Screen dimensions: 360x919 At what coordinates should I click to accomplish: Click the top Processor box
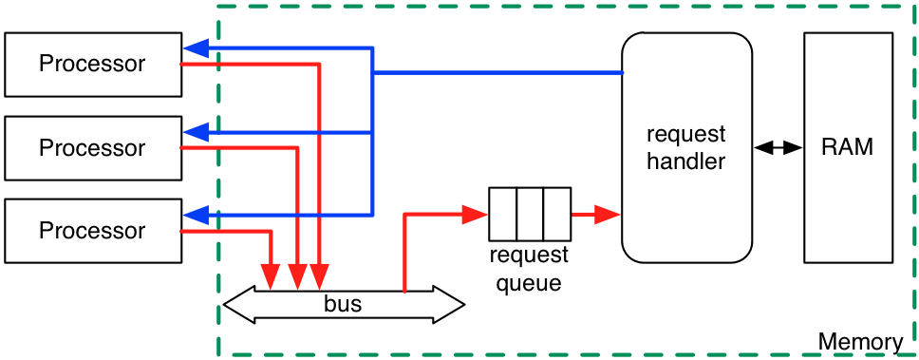point(92,65)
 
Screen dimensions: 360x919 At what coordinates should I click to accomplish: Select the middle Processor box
point(92,148)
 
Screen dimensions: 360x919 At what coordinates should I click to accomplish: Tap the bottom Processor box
point(92,231)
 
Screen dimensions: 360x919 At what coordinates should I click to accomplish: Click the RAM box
point(847,147)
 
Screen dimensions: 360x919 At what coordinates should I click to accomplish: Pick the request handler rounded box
point(686,147)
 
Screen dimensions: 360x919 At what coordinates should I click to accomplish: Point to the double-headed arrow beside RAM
point(778,147)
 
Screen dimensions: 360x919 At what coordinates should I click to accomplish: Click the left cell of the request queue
point(503,214)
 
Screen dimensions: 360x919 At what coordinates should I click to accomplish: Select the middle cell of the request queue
point(530,214)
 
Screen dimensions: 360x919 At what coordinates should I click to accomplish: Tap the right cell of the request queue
point(555,214)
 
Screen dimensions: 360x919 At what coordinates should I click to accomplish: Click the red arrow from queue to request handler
point(594,214)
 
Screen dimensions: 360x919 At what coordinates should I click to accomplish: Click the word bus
point(343,305)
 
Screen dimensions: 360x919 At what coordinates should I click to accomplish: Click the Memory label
point(860,342)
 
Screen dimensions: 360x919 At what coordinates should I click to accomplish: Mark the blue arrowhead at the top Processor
point(196,47)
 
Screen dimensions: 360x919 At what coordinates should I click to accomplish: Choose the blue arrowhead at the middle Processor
point(196,131)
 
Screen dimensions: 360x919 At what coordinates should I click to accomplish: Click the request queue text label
point(529,269)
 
